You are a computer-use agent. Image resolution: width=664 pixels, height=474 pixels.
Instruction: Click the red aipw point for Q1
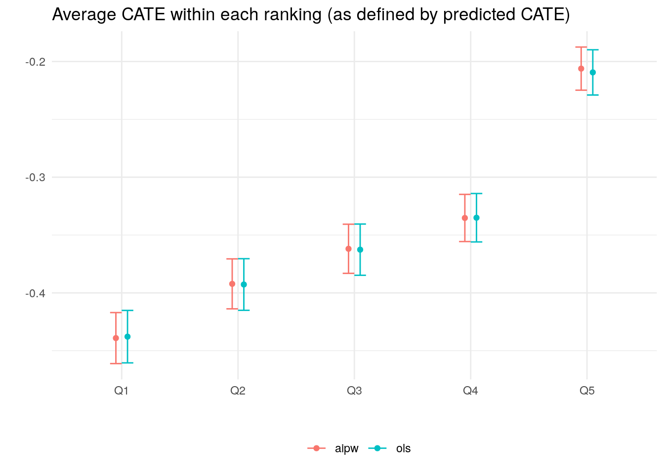tap(116, 338)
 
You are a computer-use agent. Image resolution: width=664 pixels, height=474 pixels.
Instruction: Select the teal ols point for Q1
tap(127, 337)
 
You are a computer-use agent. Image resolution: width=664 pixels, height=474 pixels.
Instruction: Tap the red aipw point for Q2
tap(232, 284)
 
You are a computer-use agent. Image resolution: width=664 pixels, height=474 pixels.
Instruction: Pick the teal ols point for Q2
tap(244, 284)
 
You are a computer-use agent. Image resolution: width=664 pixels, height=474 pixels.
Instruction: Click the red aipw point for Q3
tap(348, 249)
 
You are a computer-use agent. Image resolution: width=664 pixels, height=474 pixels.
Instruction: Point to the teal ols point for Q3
tap(360, 250)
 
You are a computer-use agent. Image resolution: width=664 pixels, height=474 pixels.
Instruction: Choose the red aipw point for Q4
tap(465, 218)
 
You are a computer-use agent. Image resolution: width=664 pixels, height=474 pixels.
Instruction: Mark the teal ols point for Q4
tap(476, 218)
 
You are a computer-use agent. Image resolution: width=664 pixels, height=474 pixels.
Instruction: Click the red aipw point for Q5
tap(581, 69)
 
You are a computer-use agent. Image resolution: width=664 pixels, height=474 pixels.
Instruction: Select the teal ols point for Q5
tap(593, 73)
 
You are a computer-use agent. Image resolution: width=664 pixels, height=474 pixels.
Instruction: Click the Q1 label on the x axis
tap(122, 391)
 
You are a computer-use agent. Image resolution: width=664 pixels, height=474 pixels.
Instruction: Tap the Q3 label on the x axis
tap(354, 391)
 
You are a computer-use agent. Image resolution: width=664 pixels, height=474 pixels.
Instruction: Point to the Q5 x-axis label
tap(587, 391)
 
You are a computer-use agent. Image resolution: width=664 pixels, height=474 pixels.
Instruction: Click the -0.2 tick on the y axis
tap(35, 62)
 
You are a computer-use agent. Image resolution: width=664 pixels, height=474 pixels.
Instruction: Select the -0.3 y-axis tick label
tap(35, 177)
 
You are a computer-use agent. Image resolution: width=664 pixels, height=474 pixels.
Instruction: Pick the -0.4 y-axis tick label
tap(35, 293)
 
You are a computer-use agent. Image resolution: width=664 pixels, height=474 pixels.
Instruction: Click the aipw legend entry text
tap(346, 449)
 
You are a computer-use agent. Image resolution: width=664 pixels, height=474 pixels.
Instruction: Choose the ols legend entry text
tap(403, 449)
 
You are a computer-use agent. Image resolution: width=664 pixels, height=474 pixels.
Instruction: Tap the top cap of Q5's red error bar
tap(581, 47)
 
